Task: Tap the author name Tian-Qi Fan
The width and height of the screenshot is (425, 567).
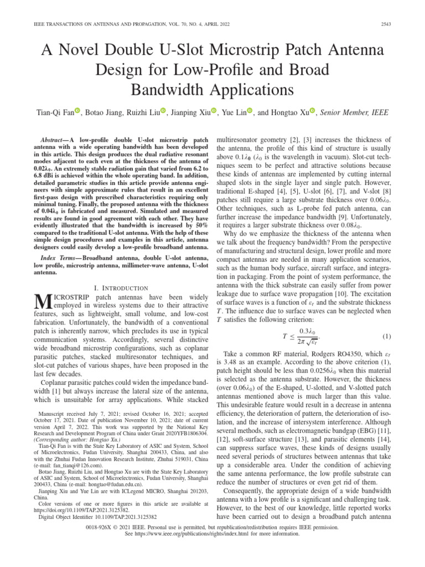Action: click(x=54, y=113)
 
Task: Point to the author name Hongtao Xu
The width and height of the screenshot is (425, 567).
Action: click(x=289, y=113)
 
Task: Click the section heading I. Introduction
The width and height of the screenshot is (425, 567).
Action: click(x=121, y=288)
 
